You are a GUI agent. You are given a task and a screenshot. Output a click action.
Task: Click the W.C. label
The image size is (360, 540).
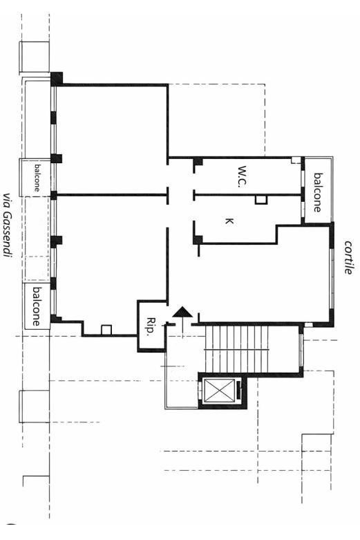[x=243, y=177]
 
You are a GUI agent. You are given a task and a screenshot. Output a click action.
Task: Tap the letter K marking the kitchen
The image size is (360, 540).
[x=229, y=221]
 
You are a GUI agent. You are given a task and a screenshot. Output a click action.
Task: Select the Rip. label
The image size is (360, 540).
[x=150, y=326]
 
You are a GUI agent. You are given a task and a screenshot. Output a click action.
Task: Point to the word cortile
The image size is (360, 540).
[x=348, y=257]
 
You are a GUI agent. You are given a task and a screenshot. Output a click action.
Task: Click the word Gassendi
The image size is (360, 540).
[x=6, y=234]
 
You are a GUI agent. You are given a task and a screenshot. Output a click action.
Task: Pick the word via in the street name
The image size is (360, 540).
[x=6, y=201]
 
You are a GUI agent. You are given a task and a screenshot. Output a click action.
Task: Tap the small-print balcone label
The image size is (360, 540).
[x=37, y=178]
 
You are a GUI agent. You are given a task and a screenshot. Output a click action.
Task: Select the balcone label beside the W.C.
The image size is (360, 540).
[x=318, y=192]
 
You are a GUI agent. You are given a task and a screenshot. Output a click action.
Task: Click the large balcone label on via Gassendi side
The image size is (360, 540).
[x=36, y=306]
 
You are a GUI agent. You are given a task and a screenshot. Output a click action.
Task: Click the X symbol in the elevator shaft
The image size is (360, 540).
[x=220, y=390]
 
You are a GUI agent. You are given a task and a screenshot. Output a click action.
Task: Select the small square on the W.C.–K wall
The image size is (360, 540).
[x=261, y=200]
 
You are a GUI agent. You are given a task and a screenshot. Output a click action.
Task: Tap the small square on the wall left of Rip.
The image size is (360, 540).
[x=106, y=330]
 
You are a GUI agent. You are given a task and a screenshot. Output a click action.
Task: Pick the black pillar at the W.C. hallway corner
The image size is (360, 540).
[x=197, y=162]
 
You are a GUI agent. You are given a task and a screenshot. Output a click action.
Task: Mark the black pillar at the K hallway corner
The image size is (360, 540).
[x=198, y=239]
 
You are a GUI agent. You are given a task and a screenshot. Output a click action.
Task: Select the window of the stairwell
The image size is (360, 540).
[x=302, y=350]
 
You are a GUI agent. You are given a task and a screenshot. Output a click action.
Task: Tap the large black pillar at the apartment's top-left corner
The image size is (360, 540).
[x=57, y=78]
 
